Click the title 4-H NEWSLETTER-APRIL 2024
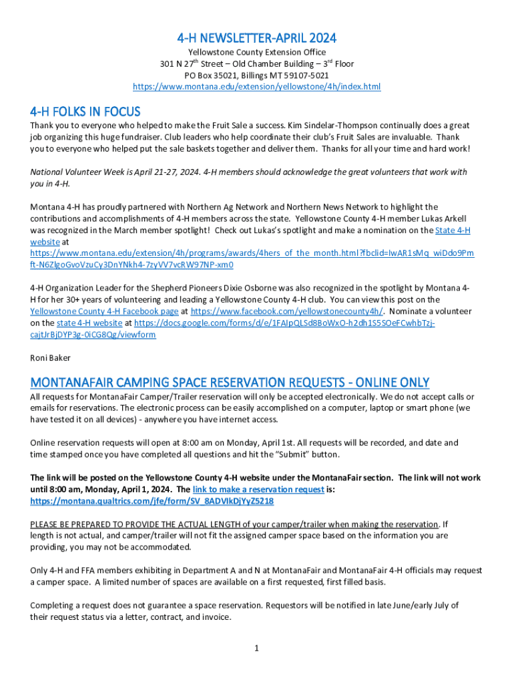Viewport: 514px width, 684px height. [x=256, y=37]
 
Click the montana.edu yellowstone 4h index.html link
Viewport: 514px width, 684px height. [x=256, y=87]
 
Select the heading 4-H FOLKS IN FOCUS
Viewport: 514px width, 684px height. [x=85, y=111]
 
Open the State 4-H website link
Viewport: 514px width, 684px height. [x=453, y=230]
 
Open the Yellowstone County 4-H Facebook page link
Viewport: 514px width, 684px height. [x=104, y=311]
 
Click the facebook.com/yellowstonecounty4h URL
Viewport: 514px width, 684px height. [x=287, y=311]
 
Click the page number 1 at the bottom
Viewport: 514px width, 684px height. [x=256, y=648]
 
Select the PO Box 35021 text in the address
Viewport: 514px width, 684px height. [x=212, y=75]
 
